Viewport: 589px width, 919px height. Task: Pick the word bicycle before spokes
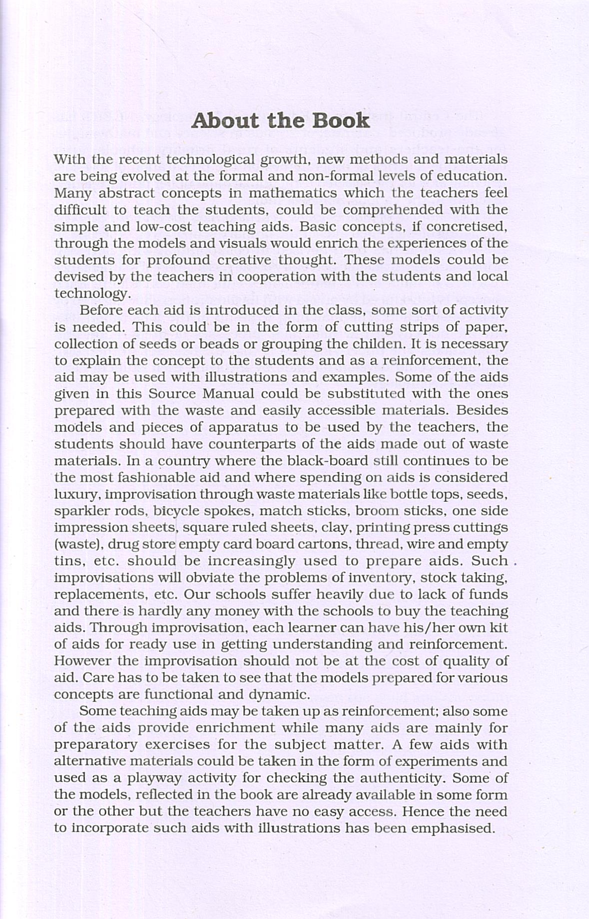176,511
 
